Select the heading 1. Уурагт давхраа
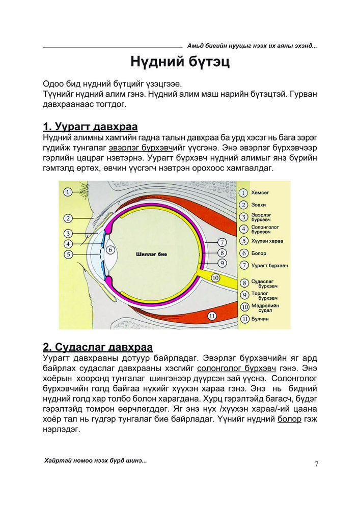tap(91, 126)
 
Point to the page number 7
tap(316, 463)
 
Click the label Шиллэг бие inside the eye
tap(152, 253)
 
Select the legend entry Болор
tap(259, 253)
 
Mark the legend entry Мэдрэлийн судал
tap(264, 307)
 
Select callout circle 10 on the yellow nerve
tap(215, 277)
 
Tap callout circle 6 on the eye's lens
tap(109, 250)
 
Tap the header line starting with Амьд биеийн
tap(252, 46)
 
